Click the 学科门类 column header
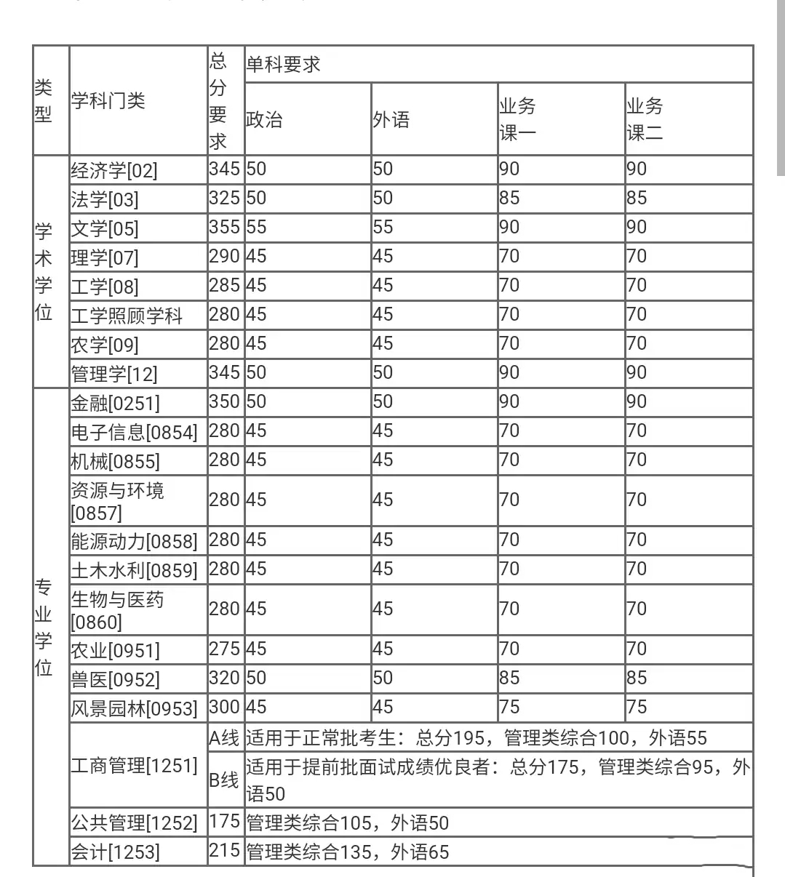[108, 100]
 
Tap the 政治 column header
[264, 119]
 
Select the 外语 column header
[391, 119]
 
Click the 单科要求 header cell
[284, 65]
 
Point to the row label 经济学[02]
[114, 170]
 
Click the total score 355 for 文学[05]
[224, 227]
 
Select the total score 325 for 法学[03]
[224, 198]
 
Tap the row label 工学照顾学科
[127, 316]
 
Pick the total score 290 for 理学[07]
[224, 256]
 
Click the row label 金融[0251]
[115, 403]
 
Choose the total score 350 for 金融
[224, 401]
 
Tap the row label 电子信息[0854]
[134, 432]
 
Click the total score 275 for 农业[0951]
[224, 649]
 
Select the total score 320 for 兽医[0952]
[224, 678]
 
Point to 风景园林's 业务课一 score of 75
[509, 707]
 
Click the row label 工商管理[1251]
[134, 765]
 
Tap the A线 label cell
[224, 738]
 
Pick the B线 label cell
[224, 780]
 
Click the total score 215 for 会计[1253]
[224, 850]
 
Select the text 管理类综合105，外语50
[348, 823]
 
